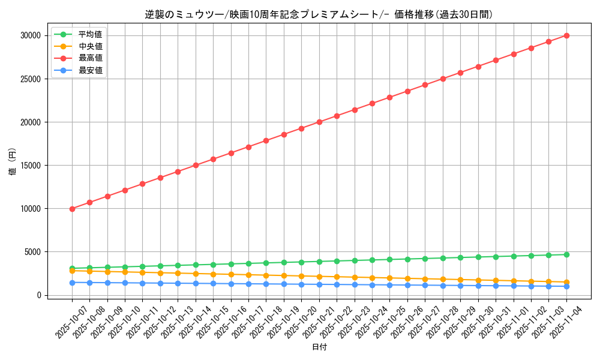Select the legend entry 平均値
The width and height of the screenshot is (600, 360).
[x=90, y=34]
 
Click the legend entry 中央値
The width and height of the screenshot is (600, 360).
[x=90, y=46]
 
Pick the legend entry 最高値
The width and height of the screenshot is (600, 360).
[x=90, y=58]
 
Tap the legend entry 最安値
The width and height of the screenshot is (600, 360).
[x=90, y=70]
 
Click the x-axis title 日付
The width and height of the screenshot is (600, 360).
[x=319, y=347]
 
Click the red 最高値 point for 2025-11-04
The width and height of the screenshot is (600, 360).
[x=566, y=35]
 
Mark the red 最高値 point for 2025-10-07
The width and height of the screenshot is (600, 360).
[x=72, y=209]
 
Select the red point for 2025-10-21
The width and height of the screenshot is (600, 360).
[x=319, y=122]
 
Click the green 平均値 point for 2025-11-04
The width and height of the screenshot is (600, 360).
[x=566, y=254]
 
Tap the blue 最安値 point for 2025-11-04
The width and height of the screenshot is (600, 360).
[x=566, y=286]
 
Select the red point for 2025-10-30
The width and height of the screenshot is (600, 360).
[x=478, y=67]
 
